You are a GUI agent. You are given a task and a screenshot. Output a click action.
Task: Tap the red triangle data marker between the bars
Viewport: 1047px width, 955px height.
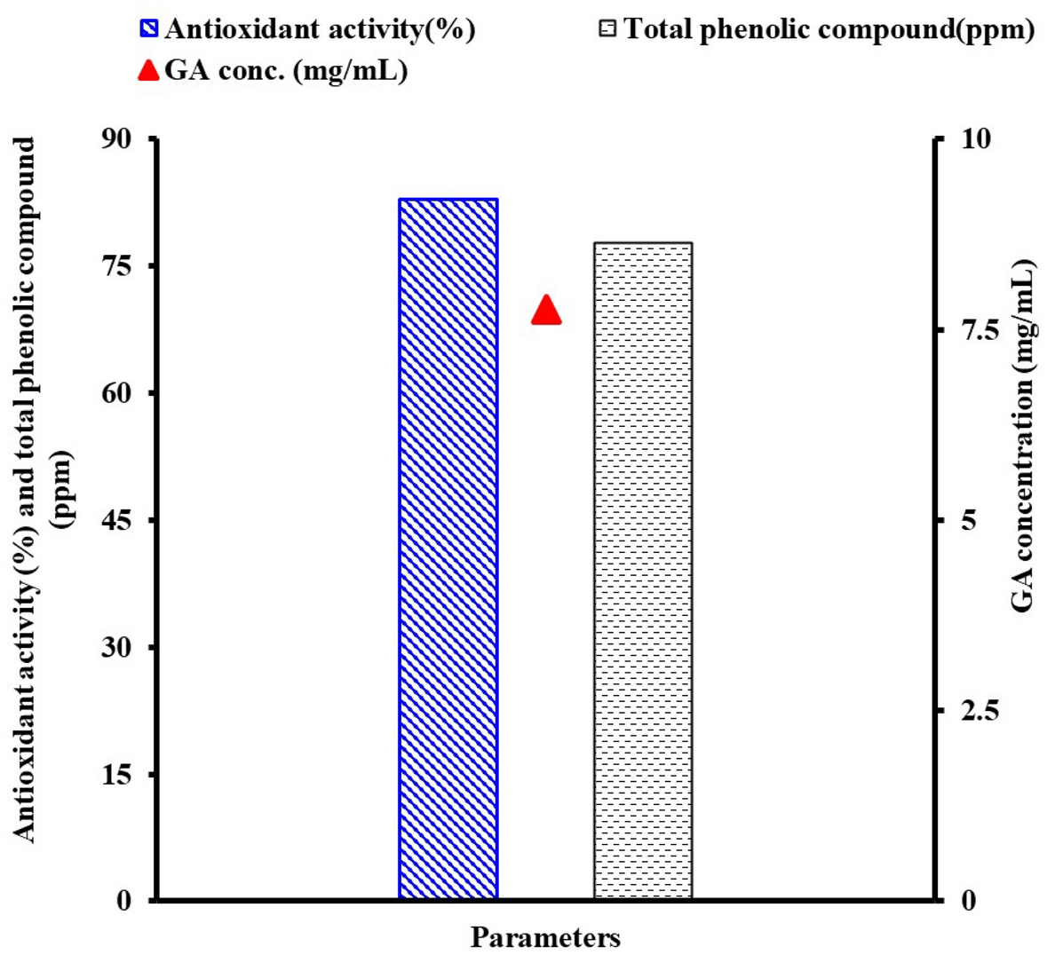546,312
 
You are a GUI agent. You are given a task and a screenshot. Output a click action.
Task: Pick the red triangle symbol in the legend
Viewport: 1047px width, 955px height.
149,70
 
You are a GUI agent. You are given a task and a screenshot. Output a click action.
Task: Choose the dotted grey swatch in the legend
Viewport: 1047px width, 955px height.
607,29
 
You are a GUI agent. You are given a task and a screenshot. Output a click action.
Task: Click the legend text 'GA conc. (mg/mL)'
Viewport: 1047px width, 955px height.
286,70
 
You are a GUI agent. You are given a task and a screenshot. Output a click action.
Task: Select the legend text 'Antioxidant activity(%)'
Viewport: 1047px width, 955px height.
320,29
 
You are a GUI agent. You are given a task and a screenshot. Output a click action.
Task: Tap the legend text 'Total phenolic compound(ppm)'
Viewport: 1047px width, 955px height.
829,29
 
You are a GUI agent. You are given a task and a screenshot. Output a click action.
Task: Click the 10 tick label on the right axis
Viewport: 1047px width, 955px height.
973,139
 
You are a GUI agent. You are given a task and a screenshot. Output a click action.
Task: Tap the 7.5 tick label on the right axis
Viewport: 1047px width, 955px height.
978,330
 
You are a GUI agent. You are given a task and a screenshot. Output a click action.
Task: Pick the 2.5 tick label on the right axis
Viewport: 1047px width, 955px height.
978,711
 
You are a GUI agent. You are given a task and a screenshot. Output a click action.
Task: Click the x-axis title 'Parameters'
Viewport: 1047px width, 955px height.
545,937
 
